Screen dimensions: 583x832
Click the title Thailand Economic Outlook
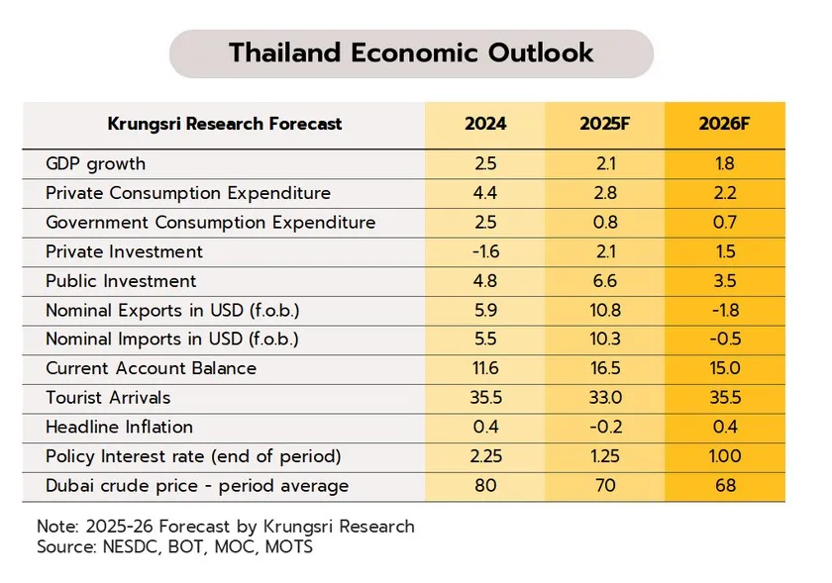coord(411,52)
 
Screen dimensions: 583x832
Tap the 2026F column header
coord(724,124)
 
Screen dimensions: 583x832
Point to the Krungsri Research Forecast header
coord(224,124)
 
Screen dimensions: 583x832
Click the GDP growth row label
coord(95,163)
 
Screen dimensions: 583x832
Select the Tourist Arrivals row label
coord(108,397)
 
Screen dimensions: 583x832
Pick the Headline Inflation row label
coord(119,427)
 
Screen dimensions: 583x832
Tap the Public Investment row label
coord(121,281)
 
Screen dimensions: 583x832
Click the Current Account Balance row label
coord(151,368)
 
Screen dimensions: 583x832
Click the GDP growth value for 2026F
coord(724,163)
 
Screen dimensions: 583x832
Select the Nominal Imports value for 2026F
coord(724,340)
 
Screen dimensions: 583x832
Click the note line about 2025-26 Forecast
coord(225,526)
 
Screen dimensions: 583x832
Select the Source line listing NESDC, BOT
coord(174,546)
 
